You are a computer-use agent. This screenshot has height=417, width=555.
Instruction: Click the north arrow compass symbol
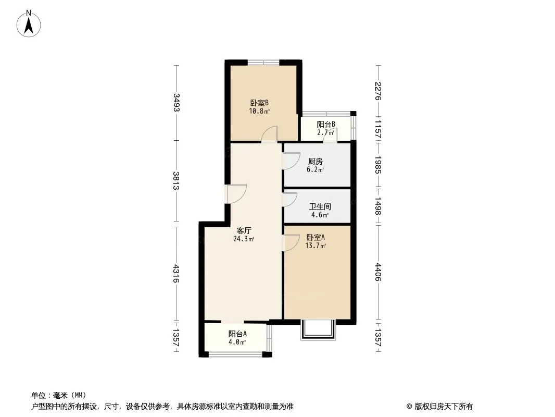[29, 24]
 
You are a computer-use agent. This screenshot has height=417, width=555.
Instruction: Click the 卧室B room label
[259, 103]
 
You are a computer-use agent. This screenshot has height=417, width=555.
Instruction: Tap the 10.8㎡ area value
[259, 111]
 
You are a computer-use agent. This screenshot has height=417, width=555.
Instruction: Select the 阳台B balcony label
[326, 125]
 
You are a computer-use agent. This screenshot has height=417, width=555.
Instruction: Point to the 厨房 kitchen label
[316, 162]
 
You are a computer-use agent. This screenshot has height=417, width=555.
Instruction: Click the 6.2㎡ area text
[316, 170]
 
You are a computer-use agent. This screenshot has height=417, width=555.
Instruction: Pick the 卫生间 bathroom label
[320, 206]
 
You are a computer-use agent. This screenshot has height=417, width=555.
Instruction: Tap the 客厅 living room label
[244, 230]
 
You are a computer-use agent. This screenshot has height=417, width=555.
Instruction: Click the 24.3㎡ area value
[244, 239]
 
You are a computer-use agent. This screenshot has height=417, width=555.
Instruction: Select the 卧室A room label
[316, 237]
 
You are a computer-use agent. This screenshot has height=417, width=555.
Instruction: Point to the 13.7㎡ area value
[316, 246]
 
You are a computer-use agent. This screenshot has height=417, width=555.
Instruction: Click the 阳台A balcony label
[237, 334]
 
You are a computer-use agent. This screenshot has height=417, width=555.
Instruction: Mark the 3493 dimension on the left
[176, 102]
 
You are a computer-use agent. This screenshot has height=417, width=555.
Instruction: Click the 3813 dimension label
[176, 181]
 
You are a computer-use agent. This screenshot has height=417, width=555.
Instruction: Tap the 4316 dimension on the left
[176, 274]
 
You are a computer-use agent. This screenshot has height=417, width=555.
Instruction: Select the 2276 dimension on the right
[378, 91]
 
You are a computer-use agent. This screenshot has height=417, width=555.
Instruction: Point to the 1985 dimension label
[378, 165]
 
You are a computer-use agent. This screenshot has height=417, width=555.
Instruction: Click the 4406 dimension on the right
[378, 272]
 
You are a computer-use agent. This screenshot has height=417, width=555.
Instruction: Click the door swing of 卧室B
[269, 134]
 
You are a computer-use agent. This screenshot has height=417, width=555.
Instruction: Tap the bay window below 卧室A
[318, 330]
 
